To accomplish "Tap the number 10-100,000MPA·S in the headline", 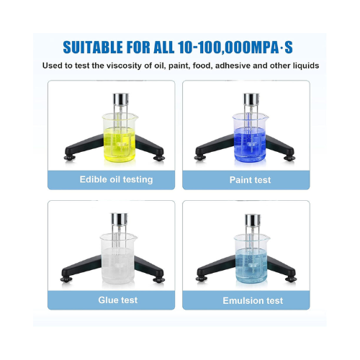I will pos(237,48).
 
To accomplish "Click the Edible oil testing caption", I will pos(110,179).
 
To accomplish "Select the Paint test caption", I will pos(250,179).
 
